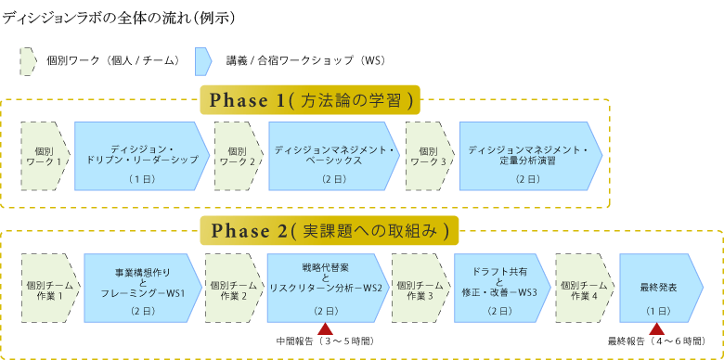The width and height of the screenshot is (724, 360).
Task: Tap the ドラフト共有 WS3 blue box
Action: (x=498, y=288)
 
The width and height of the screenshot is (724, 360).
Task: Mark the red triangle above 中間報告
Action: (x=325, y=329)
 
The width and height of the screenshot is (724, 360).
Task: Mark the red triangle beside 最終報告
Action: (x=656, y=329)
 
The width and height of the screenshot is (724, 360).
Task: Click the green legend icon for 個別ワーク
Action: (x=28, y=61)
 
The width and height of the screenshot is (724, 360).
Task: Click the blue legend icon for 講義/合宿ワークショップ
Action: (x=203, y=61)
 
